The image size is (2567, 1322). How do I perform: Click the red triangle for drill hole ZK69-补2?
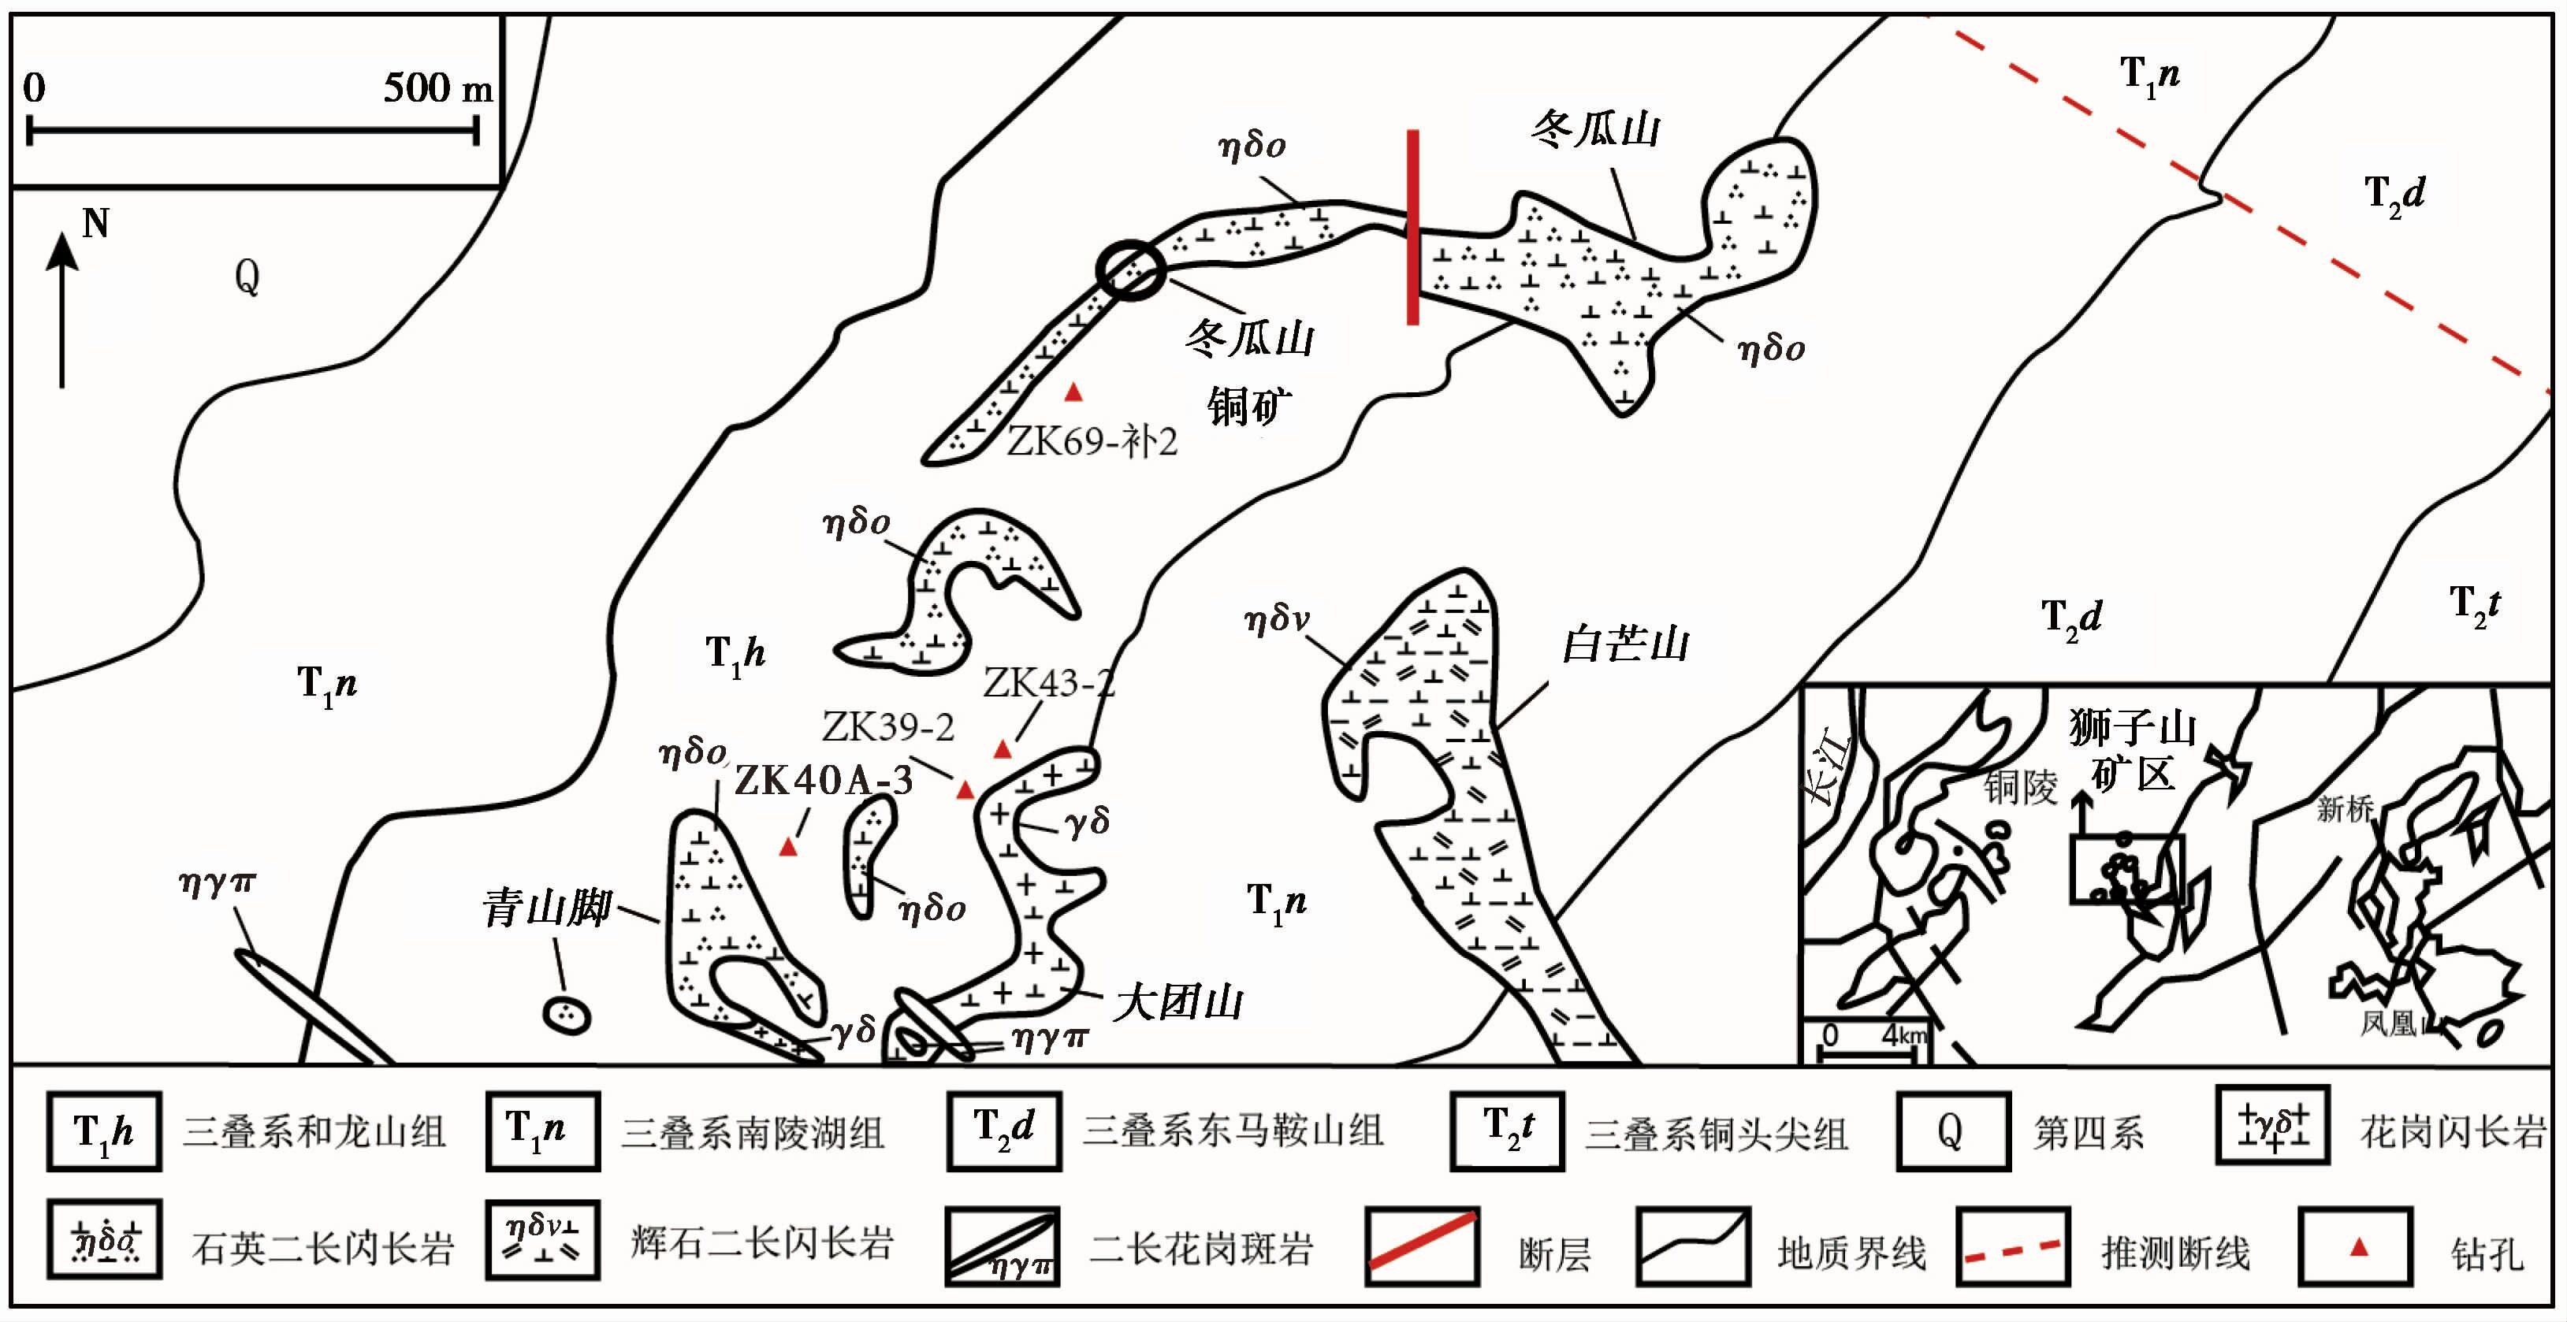(1073, 392)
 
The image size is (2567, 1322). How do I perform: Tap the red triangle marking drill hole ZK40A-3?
(788, 847)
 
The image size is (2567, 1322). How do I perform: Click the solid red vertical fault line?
(1413, 227)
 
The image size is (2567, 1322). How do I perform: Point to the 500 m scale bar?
(253, 131)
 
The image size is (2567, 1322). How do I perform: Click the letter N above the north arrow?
(95, 223)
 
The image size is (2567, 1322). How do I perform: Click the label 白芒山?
(1624, 644)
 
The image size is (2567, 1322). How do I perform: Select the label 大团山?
(1177, 1001)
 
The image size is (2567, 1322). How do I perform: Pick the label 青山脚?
(546, 908)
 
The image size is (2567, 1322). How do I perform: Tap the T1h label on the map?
(735, 655)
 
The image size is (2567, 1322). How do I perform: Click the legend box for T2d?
(1003, 1130)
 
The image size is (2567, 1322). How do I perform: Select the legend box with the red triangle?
(2357, 1246)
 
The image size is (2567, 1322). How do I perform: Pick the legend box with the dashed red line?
(2013, 1246)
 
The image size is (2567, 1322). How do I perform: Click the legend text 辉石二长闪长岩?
(762, 1244)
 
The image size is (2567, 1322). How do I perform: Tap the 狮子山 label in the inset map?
(2133, 727)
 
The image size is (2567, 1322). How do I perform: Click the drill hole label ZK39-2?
(888, 728)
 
